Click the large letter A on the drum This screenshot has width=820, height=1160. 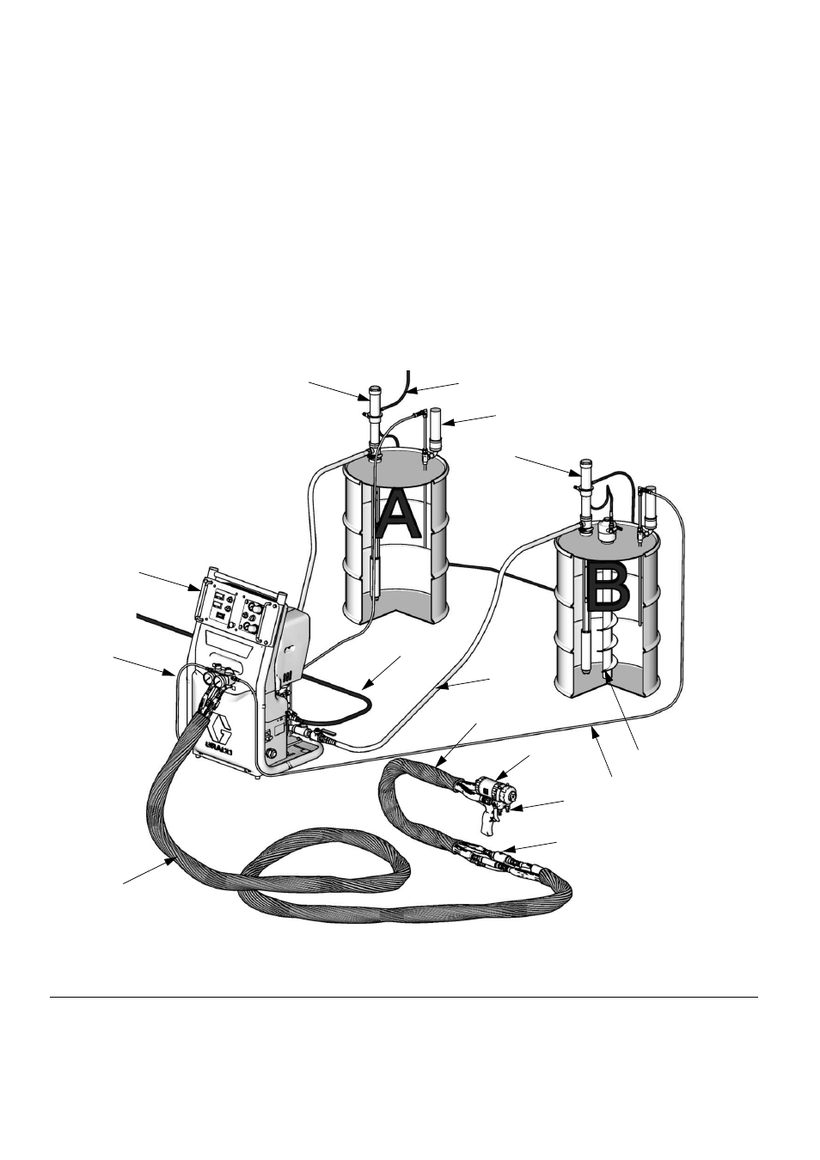(398, 515)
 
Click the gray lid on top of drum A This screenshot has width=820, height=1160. (395, 464)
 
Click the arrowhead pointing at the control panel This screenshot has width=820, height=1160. (195, 588)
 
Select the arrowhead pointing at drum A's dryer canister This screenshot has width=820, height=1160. (449, 423)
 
